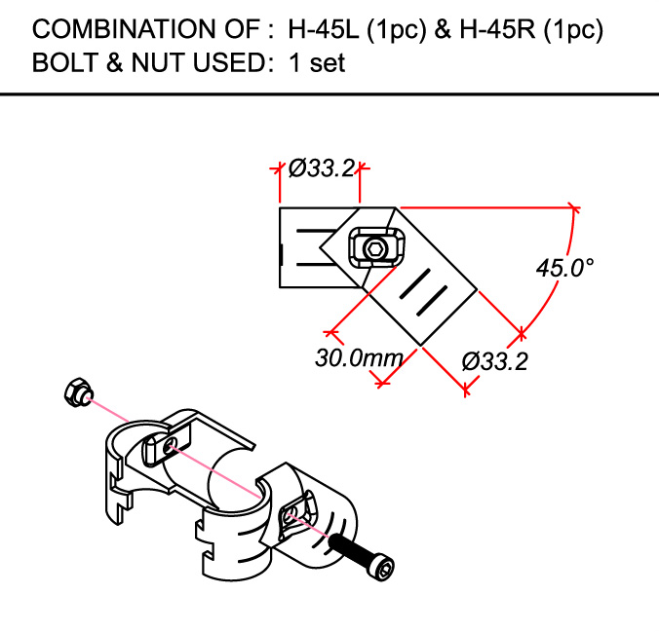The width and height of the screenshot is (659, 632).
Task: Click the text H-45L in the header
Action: (326, 30)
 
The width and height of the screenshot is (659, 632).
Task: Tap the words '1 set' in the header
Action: (317, 64)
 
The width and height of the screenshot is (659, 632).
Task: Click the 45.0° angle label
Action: (564, 268)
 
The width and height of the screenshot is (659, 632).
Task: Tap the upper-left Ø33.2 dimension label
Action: (321, 167)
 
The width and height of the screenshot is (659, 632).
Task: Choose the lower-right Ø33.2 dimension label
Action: (495, 361)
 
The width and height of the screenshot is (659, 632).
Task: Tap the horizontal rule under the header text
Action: (329, 93)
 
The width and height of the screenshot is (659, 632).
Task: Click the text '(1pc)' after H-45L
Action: (396, 30)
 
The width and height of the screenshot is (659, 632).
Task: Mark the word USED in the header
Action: (215, 64)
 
